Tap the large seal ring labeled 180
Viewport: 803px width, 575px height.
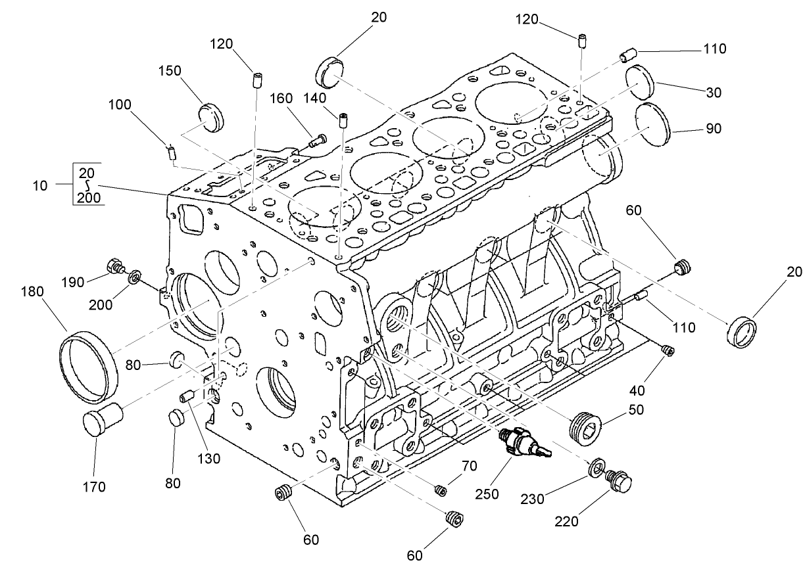point(89,367)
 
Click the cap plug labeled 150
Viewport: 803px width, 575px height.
point(211,116)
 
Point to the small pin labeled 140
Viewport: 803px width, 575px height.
point(343,120)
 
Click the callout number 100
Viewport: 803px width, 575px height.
point(120,104)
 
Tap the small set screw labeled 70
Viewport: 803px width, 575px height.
point(441,490)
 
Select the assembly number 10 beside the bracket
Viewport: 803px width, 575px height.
point(40,185)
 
